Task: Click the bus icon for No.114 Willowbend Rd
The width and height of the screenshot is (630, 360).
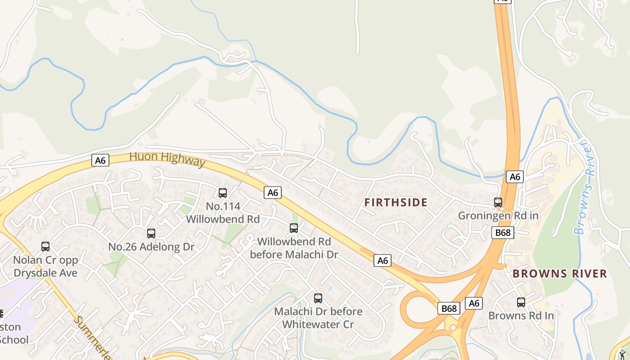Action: pos(223,193)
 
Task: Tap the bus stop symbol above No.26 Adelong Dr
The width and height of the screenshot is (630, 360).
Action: pos(151,234)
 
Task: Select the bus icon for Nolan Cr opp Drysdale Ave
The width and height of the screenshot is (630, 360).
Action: pos(45,247)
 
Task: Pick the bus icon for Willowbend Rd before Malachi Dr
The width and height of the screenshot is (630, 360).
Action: pos(294,228)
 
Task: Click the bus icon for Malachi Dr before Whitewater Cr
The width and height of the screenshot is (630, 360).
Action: pos(318,298)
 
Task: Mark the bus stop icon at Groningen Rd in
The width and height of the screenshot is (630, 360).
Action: pos(498,202)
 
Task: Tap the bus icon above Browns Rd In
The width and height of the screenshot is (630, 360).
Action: pos(521,302)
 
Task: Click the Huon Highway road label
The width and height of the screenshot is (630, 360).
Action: pos(167,159)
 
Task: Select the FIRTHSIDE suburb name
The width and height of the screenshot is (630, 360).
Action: pos(396,202)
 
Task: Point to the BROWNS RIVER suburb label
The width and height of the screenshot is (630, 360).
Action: pos(560,274)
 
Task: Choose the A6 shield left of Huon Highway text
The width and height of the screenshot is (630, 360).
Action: pos(100,160)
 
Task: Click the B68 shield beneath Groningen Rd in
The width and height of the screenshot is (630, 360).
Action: pos(503,232)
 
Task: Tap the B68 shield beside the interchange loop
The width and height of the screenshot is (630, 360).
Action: pos(449,308)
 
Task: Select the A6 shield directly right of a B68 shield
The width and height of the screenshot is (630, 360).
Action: pos(474,303)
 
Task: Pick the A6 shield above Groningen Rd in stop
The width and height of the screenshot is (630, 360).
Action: pos(515,177)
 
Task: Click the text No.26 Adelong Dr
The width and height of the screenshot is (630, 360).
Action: pos(151,247)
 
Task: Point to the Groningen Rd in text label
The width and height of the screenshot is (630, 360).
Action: pos(498,216)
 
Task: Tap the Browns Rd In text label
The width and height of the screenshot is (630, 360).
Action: pos(521,315)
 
